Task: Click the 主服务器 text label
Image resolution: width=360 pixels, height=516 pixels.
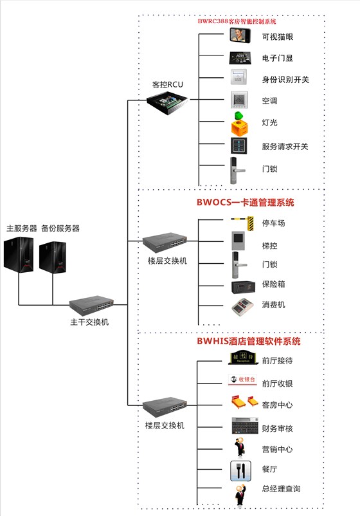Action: click(22, 228)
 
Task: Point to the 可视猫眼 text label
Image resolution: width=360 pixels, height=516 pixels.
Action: click(278, 37)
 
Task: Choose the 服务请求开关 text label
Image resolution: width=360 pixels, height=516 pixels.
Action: click(285, 147)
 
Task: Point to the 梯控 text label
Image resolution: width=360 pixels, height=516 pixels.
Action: click(269, 246)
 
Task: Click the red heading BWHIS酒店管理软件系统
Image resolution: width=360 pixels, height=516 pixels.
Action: click(248, 341)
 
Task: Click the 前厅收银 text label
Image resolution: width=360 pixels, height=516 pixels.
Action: click(277, 383)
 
